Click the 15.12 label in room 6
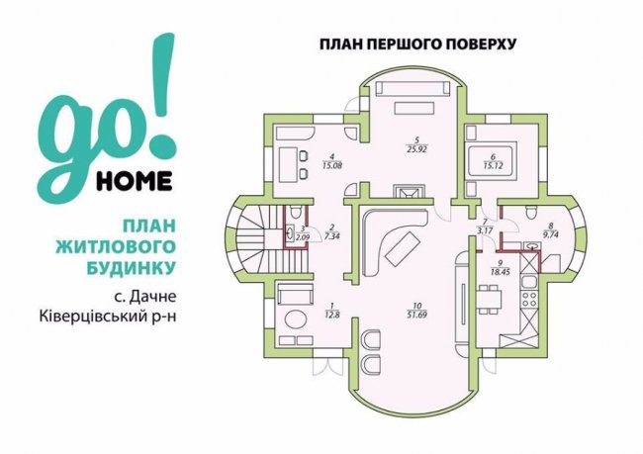[493, 166]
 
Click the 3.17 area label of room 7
[484, 230]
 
